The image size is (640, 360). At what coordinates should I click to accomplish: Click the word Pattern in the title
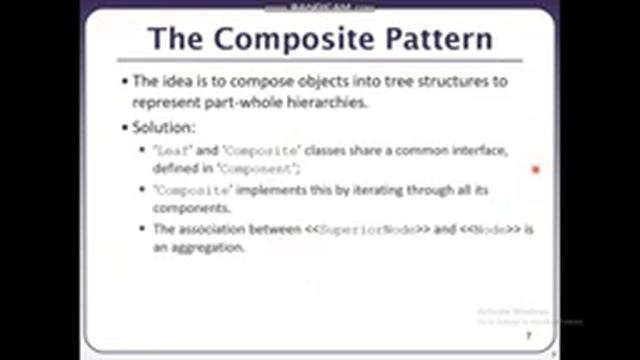(437, 39)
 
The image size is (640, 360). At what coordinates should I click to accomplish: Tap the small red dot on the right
(536, 170)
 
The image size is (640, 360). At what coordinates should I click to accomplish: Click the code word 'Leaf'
(169, 150)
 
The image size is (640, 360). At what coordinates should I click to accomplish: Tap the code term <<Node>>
(491, 230)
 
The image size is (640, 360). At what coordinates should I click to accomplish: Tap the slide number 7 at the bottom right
(527, 338)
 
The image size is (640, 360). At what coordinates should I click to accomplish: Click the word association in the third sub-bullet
(214, 230)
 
